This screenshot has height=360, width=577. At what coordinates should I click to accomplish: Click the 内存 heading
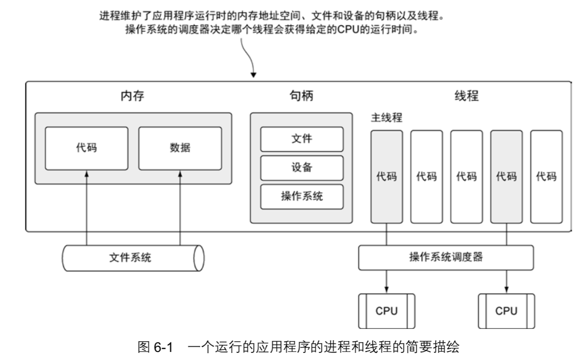132,96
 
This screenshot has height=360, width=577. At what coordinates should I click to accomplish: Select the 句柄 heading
301,96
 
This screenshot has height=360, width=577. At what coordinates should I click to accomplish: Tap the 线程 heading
466,96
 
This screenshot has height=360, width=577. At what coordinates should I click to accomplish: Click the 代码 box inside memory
86,147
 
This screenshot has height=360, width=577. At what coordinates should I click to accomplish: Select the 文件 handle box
302,139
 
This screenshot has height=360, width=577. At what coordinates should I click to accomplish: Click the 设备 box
302,167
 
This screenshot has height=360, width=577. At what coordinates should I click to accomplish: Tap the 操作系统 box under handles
302,196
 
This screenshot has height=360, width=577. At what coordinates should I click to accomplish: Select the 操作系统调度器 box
445,258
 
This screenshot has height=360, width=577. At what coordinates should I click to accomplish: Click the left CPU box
387,311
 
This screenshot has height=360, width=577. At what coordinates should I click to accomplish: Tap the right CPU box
507,311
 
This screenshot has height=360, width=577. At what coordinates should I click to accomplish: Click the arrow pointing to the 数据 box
180,207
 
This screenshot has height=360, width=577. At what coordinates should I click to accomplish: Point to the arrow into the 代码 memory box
86,207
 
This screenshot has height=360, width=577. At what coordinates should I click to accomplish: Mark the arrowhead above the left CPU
387,289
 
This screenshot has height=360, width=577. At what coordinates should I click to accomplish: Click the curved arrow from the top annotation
248,59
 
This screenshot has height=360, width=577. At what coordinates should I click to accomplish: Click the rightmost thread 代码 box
546,177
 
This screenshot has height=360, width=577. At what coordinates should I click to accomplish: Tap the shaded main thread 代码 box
387,177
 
